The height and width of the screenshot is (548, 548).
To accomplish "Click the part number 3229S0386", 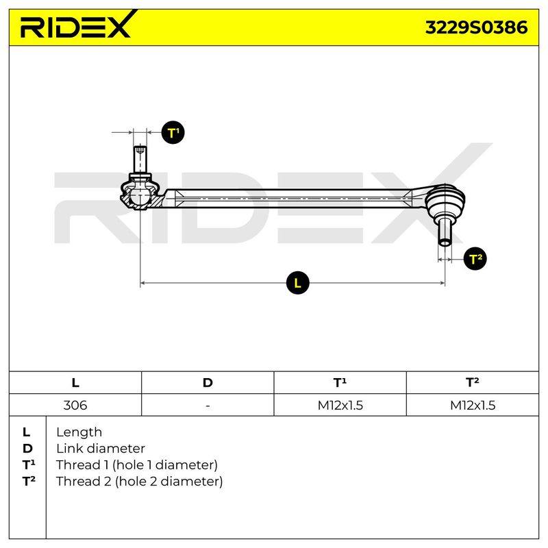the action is (476, 27).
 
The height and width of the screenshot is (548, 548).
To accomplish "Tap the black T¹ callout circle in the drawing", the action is (173, 133).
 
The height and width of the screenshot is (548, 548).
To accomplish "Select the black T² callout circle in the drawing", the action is (475, 259).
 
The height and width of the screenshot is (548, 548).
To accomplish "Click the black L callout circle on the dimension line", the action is (297, 283).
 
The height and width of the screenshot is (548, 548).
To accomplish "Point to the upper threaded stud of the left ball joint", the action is (140, 160).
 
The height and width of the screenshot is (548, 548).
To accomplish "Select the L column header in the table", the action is (75, 383).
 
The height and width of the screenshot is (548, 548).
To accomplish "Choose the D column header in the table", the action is (208, 383).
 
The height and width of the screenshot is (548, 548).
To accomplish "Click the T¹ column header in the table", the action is (340, 382).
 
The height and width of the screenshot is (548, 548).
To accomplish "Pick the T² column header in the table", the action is (472, 382).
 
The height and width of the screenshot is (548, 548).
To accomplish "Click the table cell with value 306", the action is (75, 406).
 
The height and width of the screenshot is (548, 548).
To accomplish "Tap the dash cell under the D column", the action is (208, 406).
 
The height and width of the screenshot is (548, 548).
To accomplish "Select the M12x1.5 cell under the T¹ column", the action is (340, 406).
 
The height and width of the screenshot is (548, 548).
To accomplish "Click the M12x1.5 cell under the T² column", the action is (473, 406).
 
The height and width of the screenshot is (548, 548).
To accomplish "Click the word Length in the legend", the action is (79, 432).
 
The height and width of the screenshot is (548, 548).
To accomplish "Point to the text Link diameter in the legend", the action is (101, 449).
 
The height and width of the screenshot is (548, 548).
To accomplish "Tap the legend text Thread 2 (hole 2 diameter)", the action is (140, 482).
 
